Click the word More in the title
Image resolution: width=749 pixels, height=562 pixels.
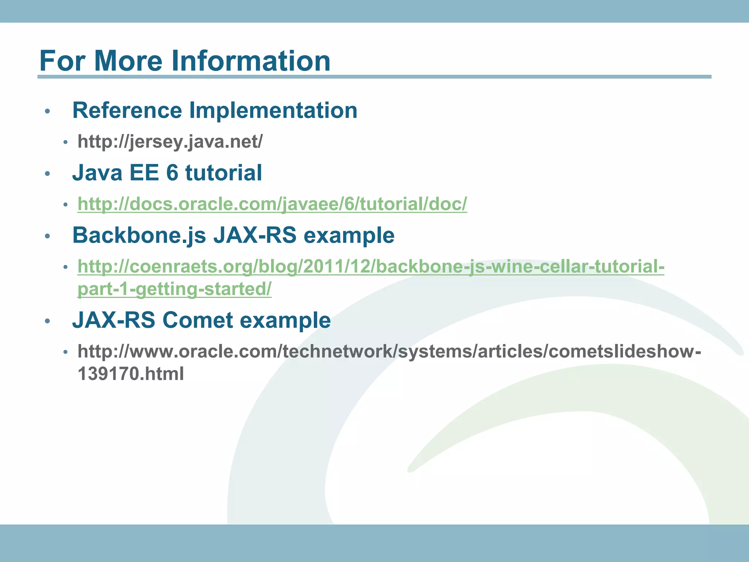coord(128,61)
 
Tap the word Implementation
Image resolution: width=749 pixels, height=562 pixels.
coord(273,110)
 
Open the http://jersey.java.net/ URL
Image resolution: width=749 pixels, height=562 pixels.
coord(170,142)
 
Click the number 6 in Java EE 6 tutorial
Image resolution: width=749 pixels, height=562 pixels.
coord(172,173)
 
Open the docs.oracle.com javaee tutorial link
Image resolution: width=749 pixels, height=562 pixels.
coord(272,204)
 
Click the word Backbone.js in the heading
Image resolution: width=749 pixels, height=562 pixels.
coord(139,235)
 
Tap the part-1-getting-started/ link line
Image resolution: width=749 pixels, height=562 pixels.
coord(174,289)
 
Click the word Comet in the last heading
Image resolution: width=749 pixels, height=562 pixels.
coord(197,320)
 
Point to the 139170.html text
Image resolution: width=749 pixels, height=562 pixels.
coord(131,374)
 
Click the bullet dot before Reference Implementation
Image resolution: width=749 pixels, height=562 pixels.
coord(47,111)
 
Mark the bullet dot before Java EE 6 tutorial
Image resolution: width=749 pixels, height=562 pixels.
coord(47,174)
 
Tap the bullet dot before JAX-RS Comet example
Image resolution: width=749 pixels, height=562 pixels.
coord(47,321)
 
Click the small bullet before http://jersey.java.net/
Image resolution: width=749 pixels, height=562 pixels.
coord(65,143)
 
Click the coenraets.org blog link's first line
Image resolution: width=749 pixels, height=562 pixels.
coord(371,266)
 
